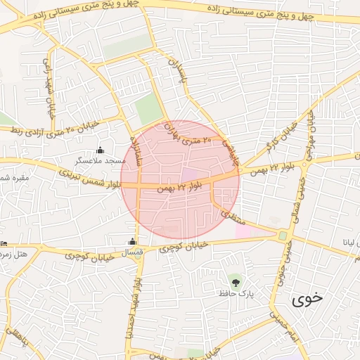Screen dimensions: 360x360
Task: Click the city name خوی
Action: [309, 298]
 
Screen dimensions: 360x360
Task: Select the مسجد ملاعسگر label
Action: [101, 161]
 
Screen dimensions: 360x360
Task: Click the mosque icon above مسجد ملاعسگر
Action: [99, 149]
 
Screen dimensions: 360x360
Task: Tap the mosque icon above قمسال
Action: [133, 241]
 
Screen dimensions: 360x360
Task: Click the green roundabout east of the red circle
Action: [283, 236]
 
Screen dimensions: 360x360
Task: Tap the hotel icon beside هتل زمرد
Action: [4, 244]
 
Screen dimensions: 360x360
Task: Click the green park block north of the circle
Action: [148, 109]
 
